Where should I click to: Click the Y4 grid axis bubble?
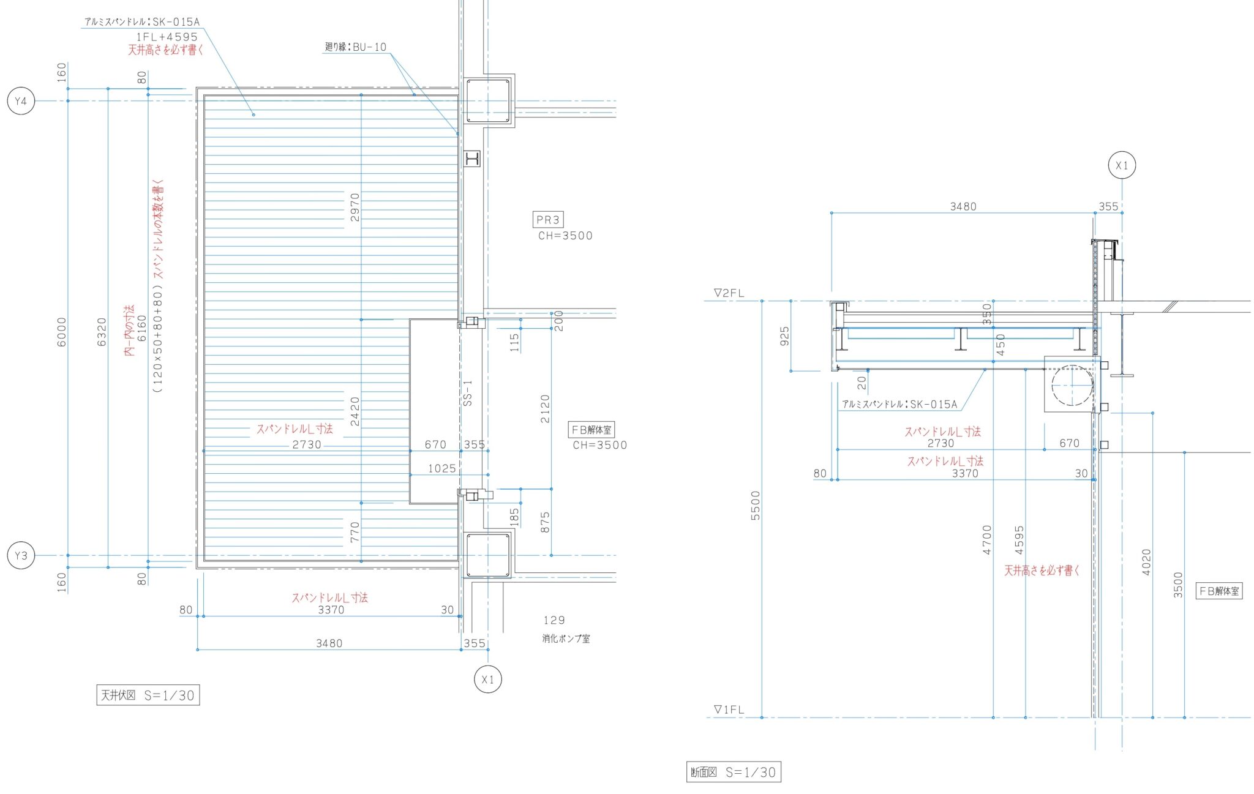(21, 101)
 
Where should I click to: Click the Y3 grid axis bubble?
(21, 556)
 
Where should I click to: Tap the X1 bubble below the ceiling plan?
(488, 680)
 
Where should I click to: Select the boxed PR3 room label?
(548, 220)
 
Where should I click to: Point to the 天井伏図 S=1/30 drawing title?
(148, 695)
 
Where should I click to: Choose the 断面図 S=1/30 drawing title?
(733, 772)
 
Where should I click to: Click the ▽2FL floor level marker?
(729, 293)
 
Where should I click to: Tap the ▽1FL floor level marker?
(729, 710)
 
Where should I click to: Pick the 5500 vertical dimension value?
(755, 506)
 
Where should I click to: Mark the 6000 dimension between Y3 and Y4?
(61, 332)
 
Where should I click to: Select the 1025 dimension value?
(441, 469)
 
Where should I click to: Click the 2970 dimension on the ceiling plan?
(355, 207)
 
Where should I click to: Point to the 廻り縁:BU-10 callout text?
(356, 47)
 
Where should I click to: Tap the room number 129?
(554, 620)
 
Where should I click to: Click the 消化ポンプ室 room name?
(566, 639)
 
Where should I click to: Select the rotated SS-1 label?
(468, 393)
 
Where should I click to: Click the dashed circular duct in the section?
(1072, 385)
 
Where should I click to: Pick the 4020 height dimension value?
(1146, 562)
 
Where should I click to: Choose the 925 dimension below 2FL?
(784, 336)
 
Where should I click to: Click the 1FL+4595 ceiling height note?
(167, 37)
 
